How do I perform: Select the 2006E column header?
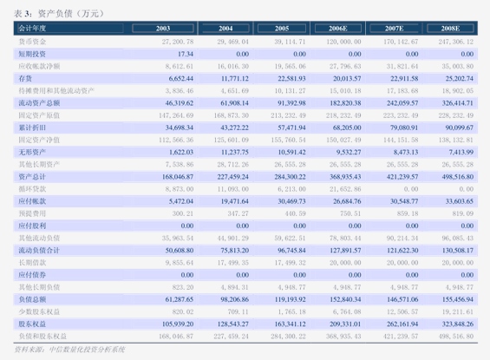coord(343,29)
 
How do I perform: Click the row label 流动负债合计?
coord(38,249)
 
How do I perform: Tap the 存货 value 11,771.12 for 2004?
coord(233,78)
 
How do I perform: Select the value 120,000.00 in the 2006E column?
coord(343,41)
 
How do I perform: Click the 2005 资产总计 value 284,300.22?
coord(288,175)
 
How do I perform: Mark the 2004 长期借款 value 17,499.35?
coord(233,261)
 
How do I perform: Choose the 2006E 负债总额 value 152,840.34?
coord(343,298)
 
